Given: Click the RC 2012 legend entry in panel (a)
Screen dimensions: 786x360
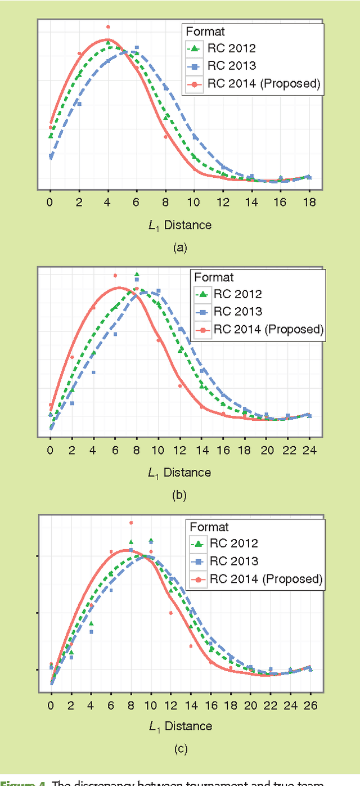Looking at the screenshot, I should click(x=231, y=48).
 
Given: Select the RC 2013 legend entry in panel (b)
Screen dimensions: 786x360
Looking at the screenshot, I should click(x=237, y=312).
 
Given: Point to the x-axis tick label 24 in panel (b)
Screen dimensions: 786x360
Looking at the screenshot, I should click(x=309, y=450).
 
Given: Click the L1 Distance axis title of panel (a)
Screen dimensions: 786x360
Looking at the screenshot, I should click(x=180, y=225).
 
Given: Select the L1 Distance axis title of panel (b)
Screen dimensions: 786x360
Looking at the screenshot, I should click(x=180, y=473).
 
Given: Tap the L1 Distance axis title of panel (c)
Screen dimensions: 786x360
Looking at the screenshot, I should click(x=180, y=726).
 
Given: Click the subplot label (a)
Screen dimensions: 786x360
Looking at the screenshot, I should click(x=180, y=248).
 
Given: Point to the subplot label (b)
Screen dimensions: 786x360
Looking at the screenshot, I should click(x=180, y=496).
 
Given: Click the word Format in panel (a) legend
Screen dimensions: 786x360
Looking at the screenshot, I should click(x=206, y=32).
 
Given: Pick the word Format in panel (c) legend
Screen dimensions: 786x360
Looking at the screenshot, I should click(x=209, y=527).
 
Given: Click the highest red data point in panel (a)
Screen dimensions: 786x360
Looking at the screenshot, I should click(x=108, y=26).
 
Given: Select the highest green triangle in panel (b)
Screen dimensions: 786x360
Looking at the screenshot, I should click(x=137, y=275).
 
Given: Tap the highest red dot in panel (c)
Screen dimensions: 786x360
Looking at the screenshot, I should click(x=131, y=523).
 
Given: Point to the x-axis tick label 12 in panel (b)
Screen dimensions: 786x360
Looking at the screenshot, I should click(x=179, y=450).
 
